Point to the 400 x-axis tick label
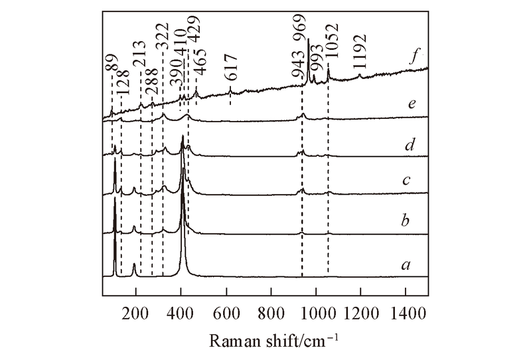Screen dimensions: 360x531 (181, 312)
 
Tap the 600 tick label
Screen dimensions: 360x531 (226, 312)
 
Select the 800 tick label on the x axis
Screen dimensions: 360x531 (271, 312)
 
